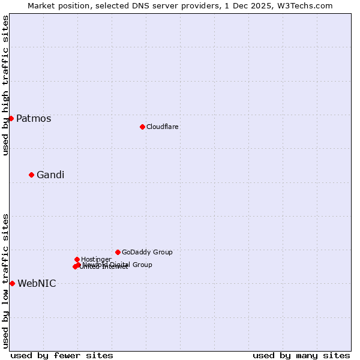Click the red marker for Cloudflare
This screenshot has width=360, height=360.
click(x=142, y=127)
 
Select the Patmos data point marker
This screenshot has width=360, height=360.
click(x=11, y=118)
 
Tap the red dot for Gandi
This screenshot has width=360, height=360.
click(x=31, y=175)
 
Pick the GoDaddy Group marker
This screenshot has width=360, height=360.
click(x=118, y=252)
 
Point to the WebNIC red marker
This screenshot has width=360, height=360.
click(x=12, y=283)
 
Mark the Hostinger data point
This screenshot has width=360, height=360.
click(x=77, y=259)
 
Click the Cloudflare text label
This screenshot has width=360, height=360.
click(x=162, y=127)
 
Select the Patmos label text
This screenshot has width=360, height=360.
click(x=34, y=118)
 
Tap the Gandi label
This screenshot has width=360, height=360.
click(x=50, y=175)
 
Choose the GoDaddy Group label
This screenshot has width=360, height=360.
click(x=147, y=252)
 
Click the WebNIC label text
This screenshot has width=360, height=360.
click(x=37, y=283)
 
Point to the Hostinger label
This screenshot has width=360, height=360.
click(x=96, y=259)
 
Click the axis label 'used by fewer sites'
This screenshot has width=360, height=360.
click(x=62, y=355)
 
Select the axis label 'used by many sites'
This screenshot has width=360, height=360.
click(x=301, y=355)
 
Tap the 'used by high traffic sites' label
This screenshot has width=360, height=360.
click(x=5, y=86)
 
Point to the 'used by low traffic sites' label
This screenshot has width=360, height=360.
click(x=5, y=280)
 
